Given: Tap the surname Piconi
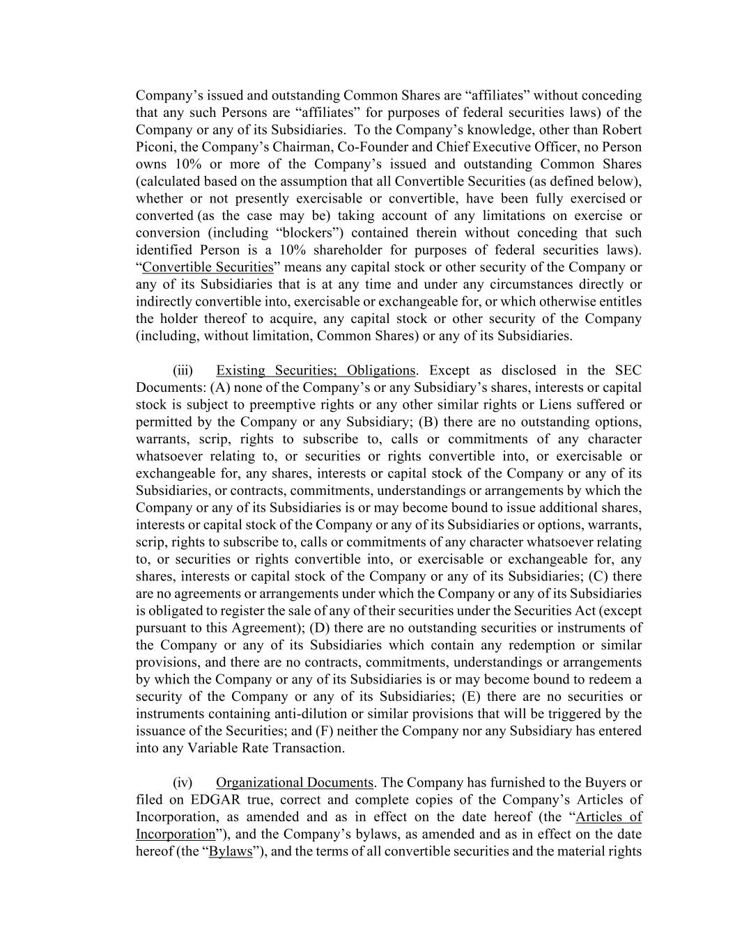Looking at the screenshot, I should coord(154,147).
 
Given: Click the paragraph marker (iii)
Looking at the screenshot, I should coord(183,370).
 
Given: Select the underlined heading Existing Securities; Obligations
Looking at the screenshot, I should coord(316,370).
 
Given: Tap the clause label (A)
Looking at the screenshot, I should coord(219,388).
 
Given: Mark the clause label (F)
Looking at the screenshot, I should coord(325,731).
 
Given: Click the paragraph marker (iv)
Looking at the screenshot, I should coord(183,782).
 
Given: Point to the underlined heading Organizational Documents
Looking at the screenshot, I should coord(295,782).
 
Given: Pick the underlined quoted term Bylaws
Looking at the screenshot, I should coord(231,851).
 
